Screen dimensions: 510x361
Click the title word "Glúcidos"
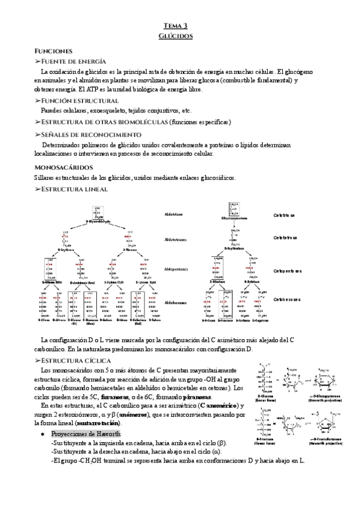[176, 36]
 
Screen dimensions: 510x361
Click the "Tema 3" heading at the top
[176, 25]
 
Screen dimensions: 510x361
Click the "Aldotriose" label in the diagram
[174, 214]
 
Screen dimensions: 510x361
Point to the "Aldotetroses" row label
[176, 239]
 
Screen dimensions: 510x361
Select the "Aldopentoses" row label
[176, 269]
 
